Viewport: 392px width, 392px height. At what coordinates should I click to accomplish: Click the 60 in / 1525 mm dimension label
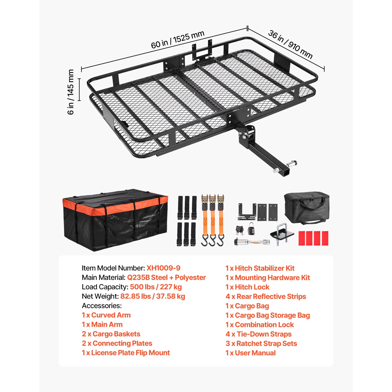coord(178,40)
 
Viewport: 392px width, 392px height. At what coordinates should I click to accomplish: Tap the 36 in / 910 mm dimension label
coord(290,44)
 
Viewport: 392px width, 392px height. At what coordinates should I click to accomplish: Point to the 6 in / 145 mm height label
coord(71,92)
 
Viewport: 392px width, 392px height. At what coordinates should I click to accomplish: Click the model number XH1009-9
coord(163,268)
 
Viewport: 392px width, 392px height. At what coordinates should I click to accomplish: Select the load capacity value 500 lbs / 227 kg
coord(155,287)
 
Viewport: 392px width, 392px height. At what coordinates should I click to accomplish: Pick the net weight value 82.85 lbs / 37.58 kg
coord(153,296)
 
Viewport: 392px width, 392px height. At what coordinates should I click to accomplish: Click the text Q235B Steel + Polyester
coord(166,277)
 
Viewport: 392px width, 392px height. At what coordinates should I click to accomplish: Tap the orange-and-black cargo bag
coord(115,220)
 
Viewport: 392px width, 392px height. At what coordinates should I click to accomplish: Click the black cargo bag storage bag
coord(306,208)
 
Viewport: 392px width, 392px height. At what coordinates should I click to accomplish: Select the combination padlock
coord(252,228)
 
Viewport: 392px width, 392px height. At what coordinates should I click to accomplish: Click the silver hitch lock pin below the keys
coord(252,242)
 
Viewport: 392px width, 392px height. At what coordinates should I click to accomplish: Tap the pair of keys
coord(239,229)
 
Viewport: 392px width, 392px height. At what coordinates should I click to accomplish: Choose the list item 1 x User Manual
coord(251,353)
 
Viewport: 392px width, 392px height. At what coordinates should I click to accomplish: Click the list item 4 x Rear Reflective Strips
coord(266,296)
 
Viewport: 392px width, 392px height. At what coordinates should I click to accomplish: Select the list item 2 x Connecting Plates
coord(117,343)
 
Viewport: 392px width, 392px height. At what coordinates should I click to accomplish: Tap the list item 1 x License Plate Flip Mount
coord(126,352)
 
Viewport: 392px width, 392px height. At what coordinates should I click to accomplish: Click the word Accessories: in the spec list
coord(102,305)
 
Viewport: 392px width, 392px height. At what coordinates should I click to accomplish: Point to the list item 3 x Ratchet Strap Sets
coord(261,343)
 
